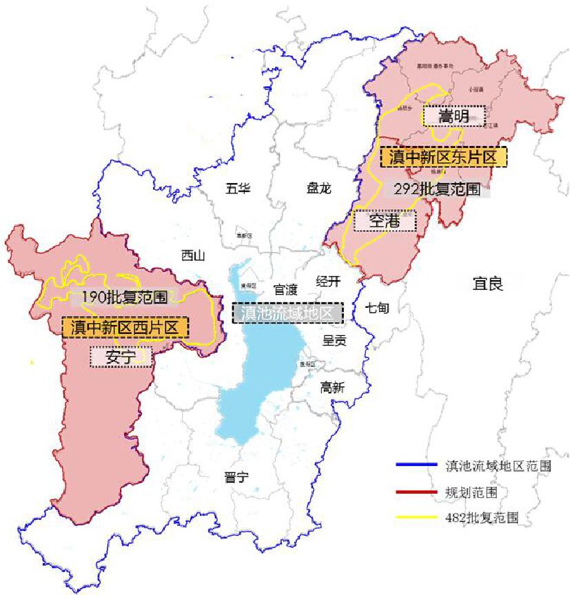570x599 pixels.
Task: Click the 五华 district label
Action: [x=238, y=188]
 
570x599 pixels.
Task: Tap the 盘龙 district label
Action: [x=318, y=188]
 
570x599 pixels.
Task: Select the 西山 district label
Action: [x=193, y=256]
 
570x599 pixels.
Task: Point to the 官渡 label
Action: [x=285, y=289]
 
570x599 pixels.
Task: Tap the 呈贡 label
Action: [x=334, y=339]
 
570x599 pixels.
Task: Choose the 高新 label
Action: [x=332, y=388]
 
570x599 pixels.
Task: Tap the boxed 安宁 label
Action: [x=121, y=357]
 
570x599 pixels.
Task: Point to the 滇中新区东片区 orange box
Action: [x=443, y=157]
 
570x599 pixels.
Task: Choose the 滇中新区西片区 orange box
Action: [x=125, y=327]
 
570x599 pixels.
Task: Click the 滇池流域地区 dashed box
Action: [x=287, y=313]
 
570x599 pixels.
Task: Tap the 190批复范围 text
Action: [x=124, y=297]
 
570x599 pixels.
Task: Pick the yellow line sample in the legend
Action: [x=417, y=516]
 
